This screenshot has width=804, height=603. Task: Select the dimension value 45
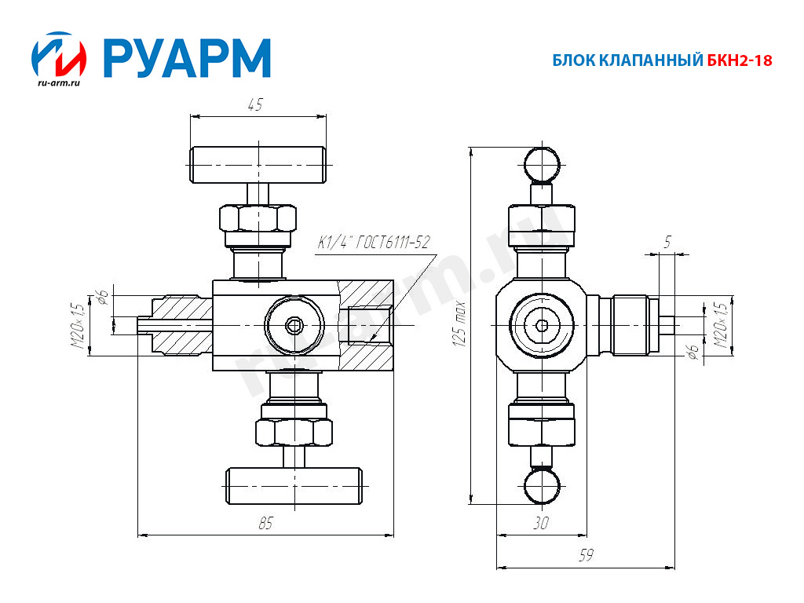pos(255,104)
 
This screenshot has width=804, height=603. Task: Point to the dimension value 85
pos(265,524)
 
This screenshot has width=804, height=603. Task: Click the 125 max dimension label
pos(461,323)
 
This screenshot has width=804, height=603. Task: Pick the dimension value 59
pos(585,555)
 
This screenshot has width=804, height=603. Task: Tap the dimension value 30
pos(540,524)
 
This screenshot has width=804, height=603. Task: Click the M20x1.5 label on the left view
pos(76,325)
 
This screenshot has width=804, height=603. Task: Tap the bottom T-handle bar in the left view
pos(294,486)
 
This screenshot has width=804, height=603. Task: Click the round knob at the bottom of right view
pos(542,485)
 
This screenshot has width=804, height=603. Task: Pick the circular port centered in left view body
pos(294,325)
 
